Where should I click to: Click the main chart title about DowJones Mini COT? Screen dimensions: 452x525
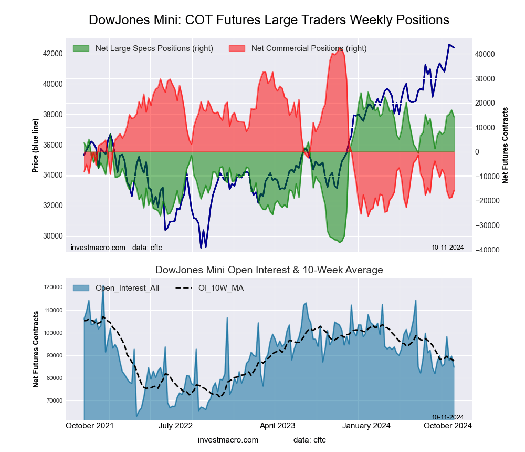point(269,20)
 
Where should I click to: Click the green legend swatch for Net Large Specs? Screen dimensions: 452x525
point(82,48)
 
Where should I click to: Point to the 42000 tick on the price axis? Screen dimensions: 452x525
point(52,54)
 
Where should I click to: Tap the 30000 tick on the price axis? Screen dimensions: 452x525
point(52,236)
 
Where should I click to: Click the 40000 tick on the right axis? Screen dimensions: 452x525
point(486,54)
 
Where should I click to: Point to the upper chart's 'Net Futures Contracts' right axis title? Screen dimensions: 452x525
point(506,146)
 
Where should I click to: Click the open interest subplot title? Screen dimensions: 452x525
point(269,270)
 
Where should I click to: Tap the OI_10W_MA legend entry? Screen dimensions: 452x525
point(220,287)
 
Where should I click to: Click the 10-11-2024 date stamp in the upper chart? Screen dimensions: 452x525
point(447,247)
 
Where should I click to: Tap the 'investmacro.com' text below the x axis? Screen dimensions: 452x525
point(228,440)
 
